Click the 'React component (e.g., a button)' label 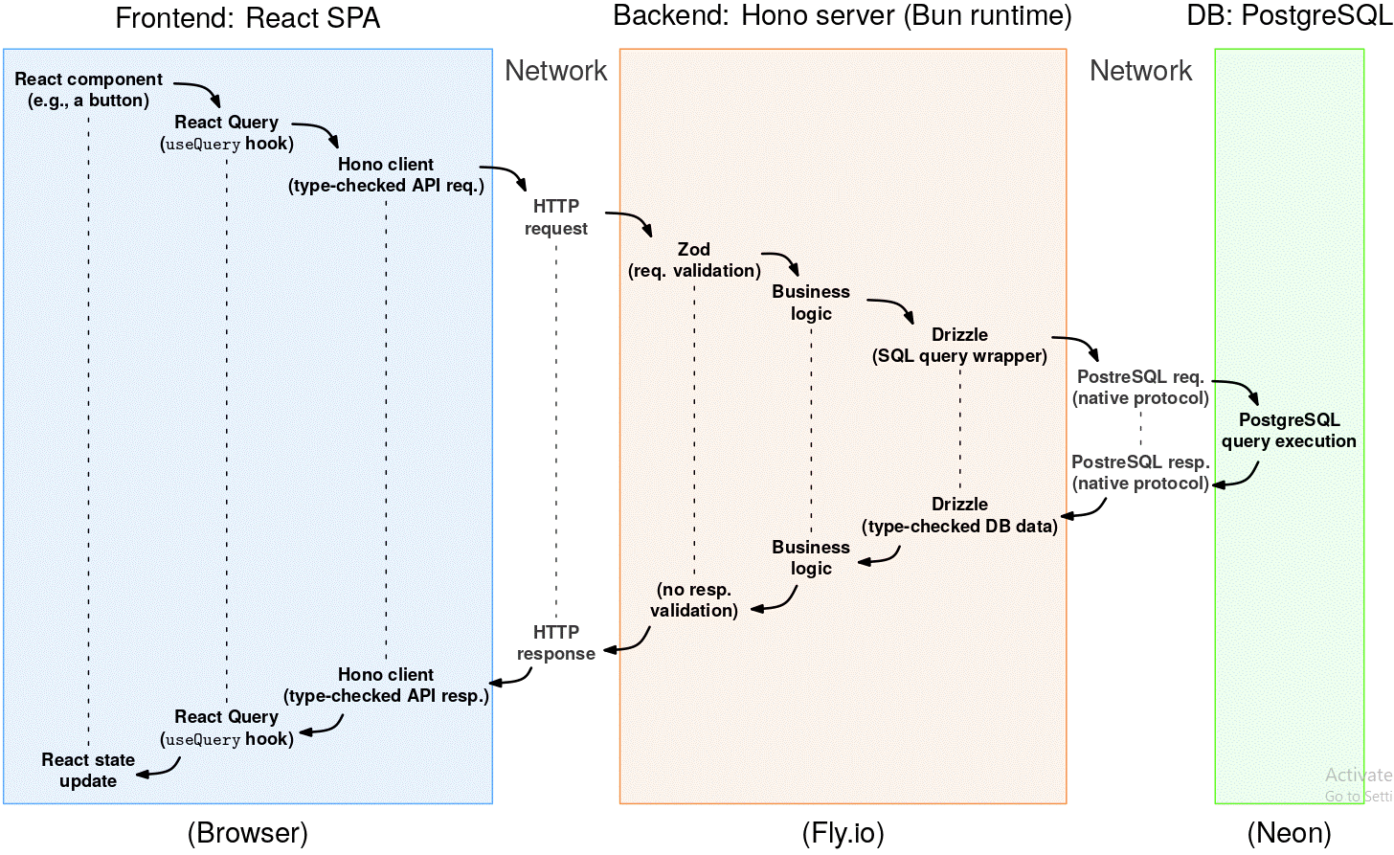pos(88,90)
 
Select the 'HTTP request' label pos(556,217)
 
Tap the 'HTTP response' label pos(556,642)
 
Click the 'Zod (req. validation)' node pos(694,260)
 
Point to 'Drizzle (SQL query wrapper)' pos(959,346)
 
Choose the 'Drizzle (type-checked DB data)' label pos(959,515)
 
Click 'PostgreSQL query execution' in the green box pos(1289,431)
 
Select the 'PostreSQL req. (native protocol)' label pos(1140,388)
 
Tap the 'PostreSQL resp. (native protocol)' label pos(1140,473)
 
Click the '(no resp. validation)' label pos(694,600)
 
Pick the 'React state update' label pos(88,770)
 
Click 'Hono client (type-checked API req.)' pos(386,175)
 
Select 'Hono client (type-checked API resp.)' pos(386,686)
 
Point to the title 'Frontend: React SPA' pos(247,18)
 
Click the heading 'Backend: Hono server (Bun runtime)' pos(843,16)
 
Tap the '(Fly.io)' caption pos(843,833)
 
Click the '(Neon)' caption pos(1289,833)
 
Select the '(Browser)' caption pos(247,833)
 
